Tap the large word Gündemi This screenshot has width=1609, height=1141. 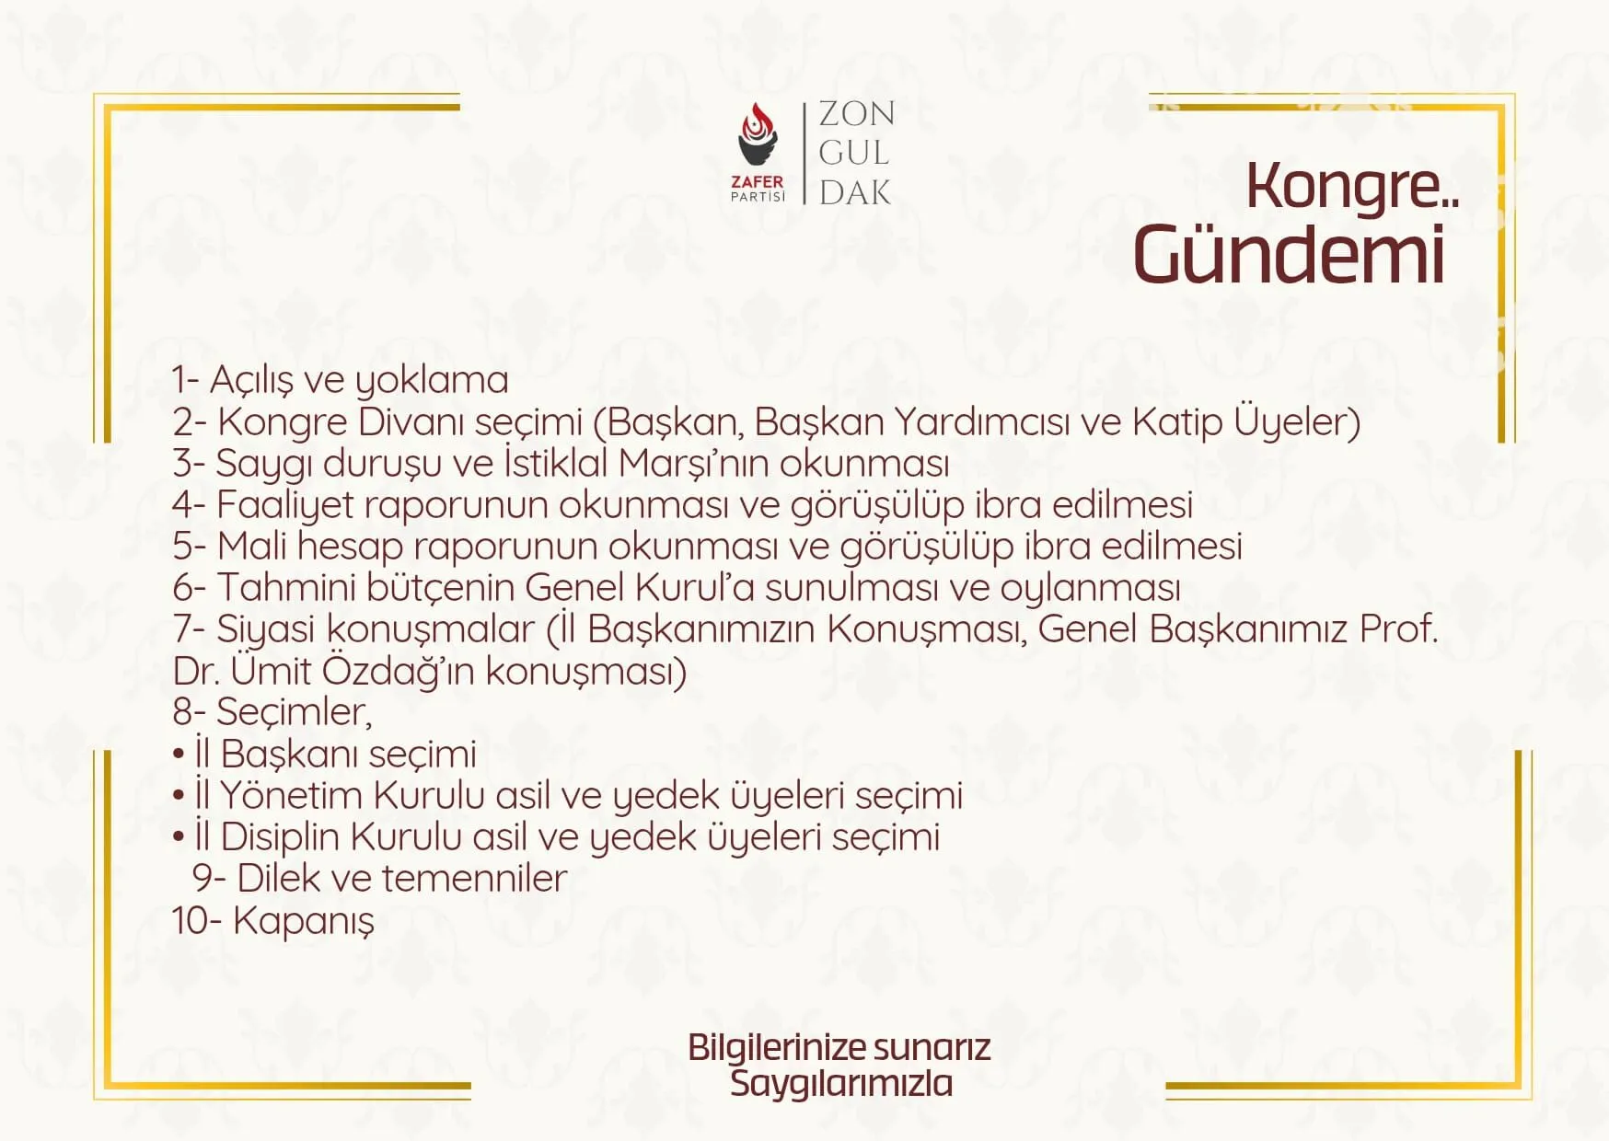click(x=1289, y=255)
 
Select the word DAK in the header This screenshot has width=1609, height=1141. click(x=855, y=192)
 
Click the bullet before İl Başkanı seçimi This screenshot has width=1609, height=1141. click(x=179, y=755)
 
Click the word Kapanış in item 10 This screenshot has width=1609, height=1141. click(x=304, y=921)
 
